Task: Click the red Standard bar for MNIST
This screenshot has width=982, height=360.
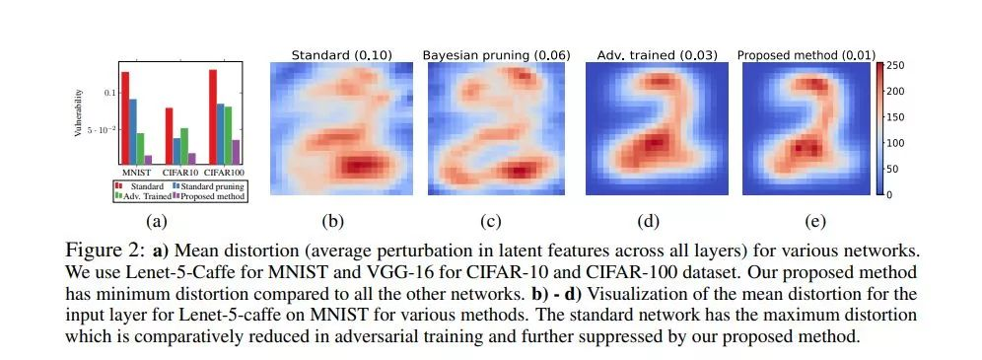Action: pyautogui.click(x=125, y=117)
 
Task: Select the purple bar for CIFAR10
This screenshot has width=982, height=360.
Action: pyautogui.click(x=191, y=159)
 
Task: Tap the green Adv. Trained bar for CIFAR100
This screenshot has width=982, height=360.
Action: pyautogui.click(x=228, y=135)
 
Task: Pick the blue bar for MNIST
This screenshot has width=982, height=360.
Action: pyautogui.click(x=133, y=131)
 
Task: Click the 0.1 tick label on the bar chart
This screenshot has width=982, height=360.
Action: pyautogui.click(x=110, y=93)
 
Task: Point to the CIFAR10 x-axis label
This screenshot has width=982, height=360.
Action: pyautogui.click(x=180, y=172)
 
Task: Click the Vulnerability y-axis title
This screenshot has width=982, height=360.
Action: pyautogui.click(x=78, y=113)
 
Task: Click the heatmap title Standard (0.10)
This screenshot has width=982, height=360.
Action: pyautogui.click(x=342, y=55)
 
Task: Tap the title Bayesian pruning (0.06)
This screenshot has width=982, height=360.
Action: pyautogui.click(x=497, y=55)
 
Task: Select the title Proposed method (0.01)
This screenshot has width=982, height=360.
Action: pyautogui.click(x=807, y=55)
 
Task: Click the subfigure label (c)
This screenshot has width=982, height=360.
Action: pyautogui.click(x=490, y=221)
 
